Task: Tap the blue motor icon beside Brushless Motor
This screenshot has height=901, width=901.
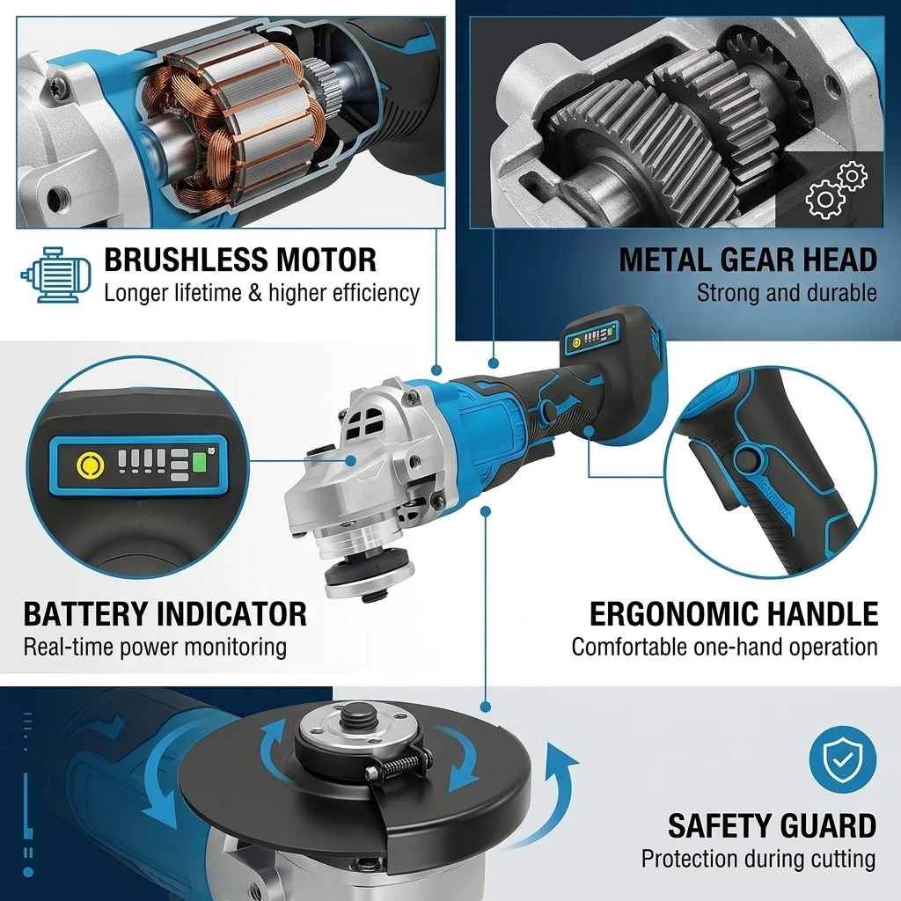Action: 55,275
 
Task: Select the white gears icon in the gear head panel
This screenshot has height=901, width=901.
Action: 836,190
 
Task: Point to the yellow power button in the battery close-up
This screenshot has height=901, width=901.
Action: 91,464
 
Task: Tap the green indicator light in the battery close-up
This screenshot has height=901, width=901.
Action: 199,463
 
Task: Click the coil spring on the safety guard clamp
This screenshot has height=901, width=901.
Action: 402,765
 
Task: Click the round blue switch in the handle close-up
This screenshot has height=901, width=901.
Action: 748,458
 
